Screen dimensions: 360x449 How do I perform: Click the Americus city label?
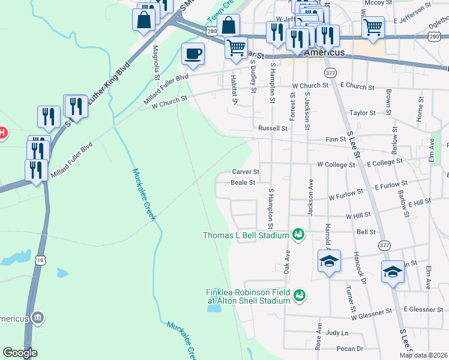click(324, 53)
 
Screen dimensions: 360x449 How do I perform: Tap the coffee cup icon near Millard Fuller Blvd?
click(193, 53)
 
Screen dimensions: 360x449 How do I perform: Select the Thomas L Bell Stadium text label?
click(246, 235)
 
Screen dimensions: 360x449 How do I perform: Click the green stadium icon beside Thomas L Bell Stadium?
click(298, 234)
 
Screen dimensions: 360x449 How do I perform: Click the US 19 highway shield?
click(40, 260)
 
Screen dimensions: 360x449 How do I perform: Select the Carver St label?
click(245, 172)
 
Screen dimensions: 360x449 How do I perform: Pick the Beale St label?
click(243, 182)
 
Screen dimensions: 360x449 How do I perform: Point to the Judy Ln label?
click(337, 333)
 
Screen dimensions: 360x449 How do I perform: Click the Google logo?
click(20, 353)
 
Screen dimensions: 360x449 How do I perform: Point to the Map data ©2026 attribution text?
click(423, 355)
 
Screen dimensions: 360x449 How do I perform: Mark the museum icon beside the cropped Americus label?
click(37, 317)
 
